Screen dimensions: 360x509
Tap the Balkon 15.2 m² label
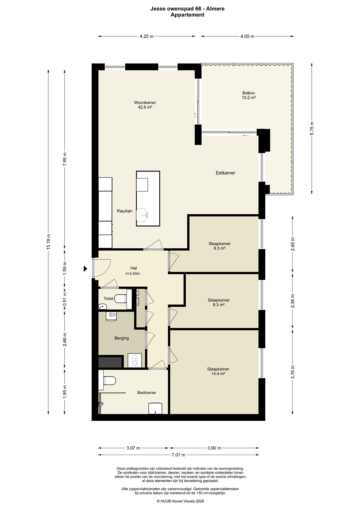[x=249, y=95]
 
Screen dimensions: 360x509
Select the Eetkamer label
[x=225, y=173]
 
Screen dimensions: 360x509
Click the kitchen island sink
[x=143, y=215]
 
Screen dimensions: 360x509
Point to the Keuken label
[x=125, y=211]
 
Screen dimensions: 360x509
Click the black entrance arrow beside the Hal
[x=85, y=269]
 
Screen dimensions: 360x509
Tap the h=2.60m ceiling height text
[x=133, y=274]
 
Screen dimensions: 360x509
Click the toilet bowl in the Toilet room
[x=120, y=299]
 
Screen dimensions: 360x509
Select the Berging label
[x=122, y=338]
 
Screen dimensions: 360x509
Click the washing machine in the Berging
[x=135, y=360]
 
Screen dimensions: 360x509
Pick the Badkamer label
[x=147, y=392]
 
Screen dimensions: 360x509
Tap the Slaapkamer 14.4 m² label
[x=218, y=371]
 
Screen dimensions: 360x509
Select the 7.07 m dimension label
[x=178, y=455]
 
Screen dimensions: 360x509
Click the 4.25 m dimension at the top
[x=147, y=36]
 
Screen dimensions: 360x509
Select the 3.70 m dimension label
[x=293, y=372]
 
